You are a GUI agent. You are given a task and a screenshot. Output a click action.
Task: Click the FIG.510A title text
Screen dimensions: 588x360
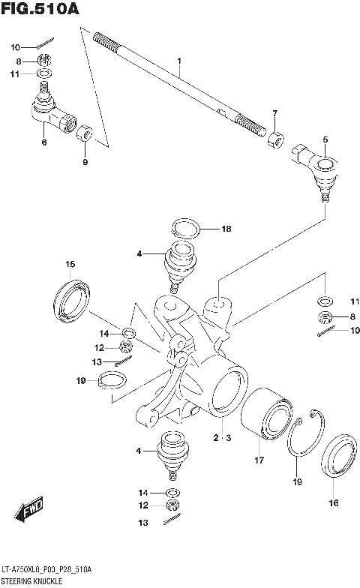[39, 9]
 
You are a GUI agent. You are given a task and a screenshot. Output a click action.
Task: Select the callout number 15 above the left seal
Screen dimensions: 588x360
[70, 264]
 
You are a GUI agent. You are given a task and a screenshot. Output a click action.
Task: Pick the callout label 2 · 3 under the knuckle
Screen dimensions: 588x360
[220, 436]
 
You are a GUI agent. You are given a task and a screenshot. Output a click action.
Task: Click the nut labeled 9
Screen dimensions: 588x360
[85, 136]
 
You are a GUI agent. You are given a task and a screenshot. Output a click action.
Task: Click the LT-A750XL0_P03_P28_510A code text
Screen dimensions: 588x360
[46, 571]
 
